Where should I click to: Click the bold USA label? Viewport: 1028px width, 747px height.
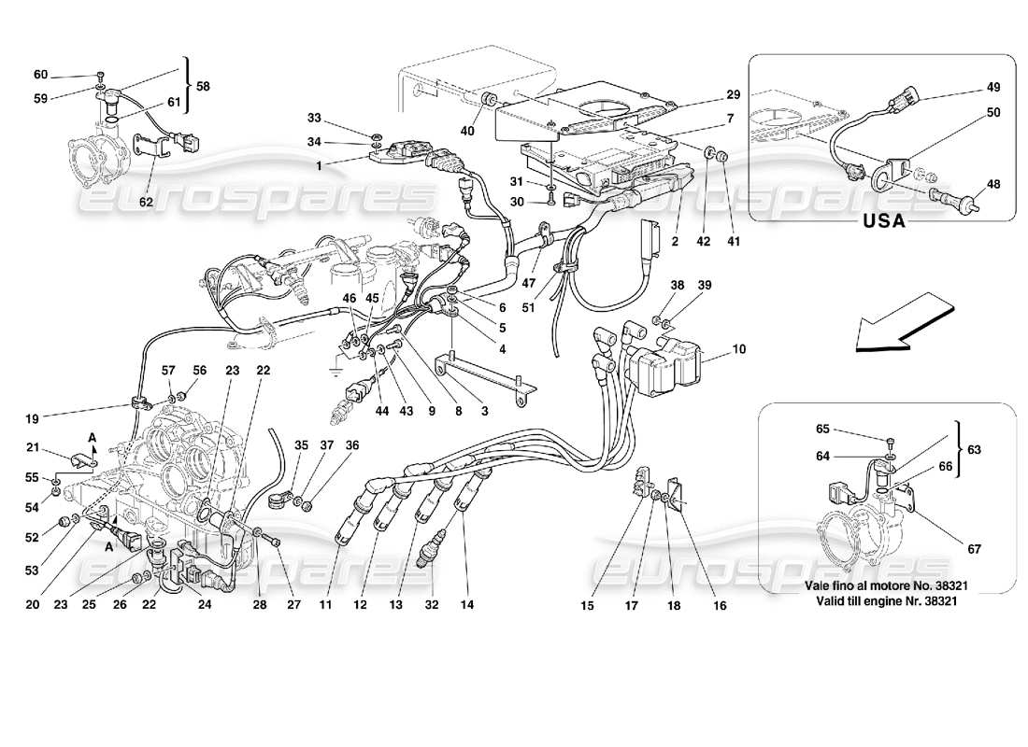(884, 223)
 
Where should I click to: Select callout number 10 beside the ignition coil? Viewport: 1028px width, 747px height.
(739, 349)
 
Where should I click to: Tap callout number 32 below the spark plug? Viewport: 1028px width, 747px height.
(430, 604)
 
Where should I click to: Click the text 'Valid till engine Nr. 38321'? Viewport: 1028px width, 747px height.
(884, 599)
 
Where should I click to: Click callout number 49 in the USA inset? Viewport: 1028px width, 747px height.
(992, 87)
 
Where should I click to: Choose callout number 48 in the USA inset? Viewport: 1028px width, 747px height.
(992, 184)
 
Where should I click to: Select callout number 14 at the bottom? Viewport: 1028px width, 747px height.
(467, 604)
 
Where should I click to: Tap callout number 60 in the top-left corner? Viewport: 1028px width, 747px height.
(40, 75)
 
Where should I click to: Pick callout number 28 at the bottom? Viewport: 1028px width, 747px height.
(262, 604)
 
